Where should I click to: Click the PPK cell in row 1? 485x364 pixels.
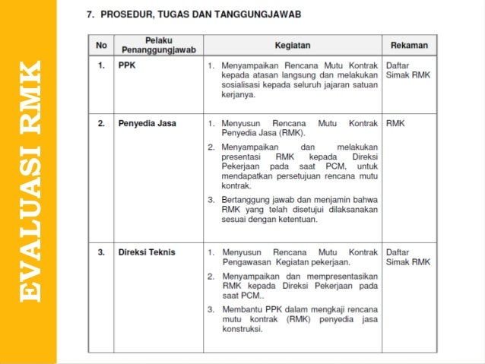point(127,66)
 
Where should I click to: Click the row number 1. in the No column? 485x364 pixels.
point(100,66)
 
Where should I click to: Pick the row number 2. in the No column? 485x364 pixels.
point(100,122)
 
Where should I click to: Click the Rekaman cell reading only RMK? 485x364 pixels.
point(395,122)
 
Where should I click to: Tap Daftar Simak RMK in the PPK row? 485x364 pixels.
point(408,71)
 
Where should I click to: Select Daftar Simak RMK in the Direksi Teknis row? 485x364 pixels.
point(408,257)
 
